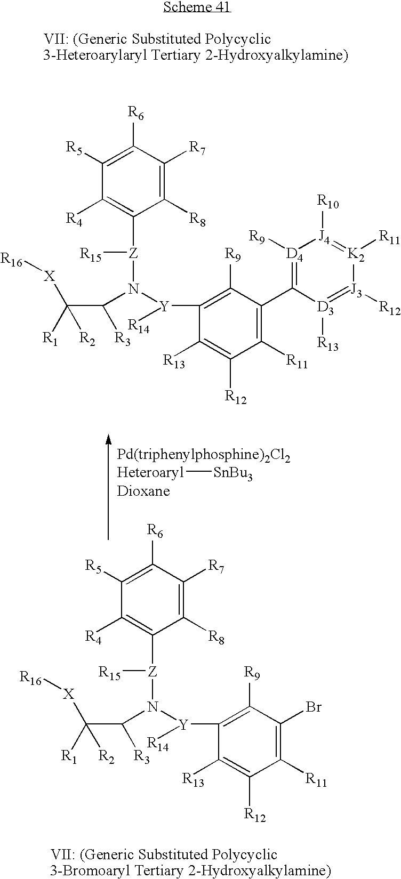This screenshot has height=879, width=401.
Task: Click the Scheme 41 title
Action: [197, 7]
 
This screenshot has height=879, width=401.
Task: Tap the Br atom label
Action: [314, 708]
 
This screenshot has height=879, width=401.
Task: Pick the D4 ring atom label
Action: [295, 255]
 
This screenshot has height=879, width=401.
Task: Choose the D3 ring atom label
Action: [325, 309]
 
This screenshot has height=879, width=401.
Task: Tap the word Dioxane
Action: [143, 490]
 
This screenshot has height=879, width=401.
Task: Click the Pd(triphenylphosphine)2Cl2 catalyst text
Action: [203, 456]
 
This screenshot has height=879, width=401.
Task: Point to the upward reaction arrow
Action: [108, 485]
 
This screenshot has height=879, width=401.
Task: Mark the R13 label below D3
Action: [327, 343]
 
